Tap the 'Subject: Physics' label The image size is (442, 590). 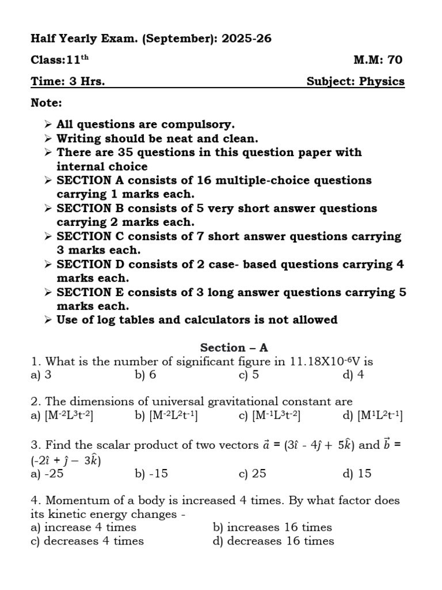(355, 81)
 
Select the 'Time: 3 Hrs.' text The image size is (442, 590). (68, 81)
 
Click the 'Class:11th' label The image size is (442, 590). (60, 60)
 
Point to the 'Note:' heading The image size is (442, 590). (47, 103)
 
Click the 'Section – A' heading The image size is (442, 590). (234, 347)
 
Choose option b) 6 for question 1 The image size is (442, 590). (146, 375)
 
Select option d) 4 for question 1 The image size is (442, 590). (353, 375)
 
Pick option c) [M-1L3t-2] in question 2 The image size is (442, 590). (269, 416)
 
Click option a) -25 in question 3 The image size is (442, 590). (47, 474)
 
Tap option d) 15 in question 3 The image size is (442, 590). (356, 474)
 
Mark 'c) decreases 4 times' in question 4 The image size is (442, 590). (87, 541)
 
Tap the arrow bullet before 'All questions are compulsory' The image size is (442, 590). (48, 124)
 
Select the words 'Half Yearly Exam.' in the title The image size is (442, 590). (77, 39)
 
